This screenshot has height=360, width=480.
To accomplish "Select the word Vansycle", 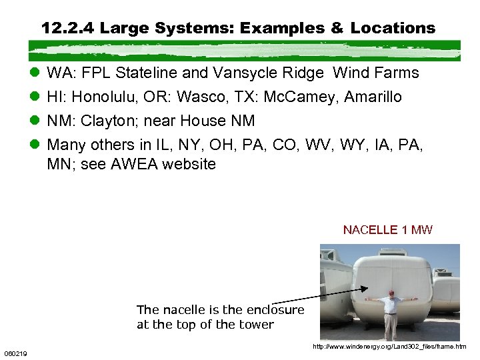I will tap(241, 73).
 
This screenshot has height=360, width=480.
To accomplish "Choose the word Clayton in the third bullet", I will tap(107, 121).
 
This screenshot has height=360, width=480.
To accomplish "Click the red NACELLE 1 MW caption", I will tap(387, 230).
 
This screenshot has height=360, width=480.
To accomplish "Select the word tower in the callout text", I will tap(257, 325).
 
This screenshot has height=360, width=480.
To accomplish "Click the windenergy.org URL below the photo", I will tap(389, 347).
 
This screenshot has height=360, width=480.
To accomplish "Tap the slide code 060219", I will tap(15, 353).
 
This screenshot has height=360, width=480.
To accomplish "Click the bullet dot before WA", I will tap(35, 73).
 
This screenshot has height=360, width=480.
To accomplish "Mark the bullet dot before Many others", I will tap(35, 145).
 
